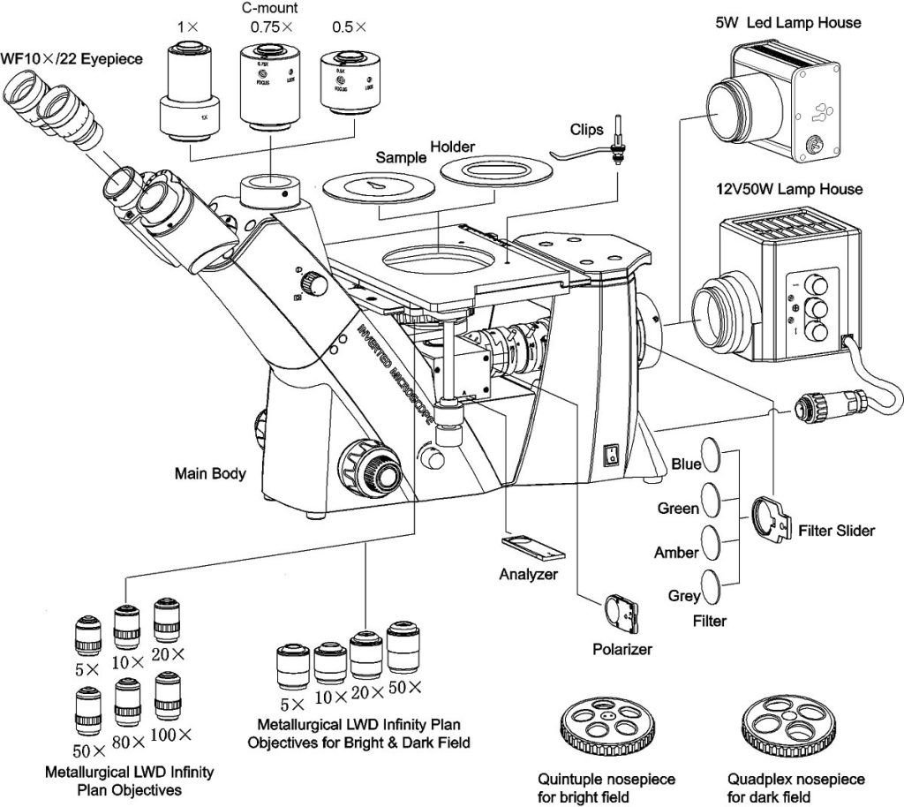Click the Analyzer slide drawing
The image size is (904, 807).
click(532, 546)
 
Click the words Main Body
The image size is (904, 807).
click(210, 474)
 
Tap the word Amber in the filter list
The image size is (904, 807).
click(676, 553)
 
